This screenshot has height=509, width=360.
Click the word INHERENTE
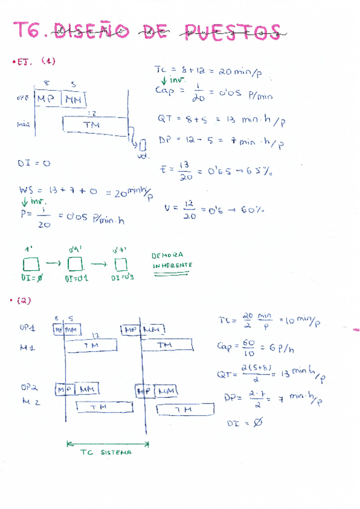pos(172,265)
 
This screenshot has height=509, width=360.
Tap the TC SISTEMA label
pos(106,453)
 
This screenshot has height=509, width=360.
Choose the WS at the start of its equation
pos(26,191)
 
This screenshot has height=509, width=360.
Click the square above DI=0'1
pos(74,264)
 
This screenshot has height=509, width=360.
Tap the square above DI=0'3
pos(121,264)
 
